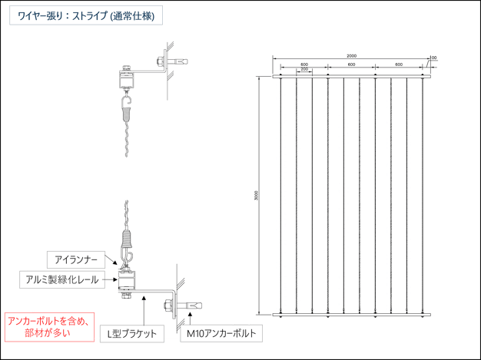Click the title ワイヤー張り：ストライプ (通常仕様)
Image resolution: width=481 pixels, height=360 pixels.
85,15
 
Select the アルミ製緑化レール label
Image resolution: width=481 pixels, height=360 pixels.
71,279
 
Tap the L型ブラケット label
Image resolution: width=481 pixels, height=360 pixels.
132,334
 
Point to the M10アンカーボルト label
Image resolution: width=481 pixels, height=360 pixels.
221,334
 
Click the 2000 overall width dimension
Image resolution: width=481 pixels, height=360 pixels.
351,56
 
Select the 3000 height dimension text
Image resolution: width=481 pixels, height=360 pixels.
256,197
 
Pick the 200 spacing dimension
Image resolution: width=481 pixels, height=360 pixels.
304,70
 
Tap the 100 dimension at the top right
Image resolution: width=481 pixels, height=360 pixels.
433,57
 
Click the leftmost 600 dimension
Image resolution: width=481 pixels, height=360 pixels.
304,64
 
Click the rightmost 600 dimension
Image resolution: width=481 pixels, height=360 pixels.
399,64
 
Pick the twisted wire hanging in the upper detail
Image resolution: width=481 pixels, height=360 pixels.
129,138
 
